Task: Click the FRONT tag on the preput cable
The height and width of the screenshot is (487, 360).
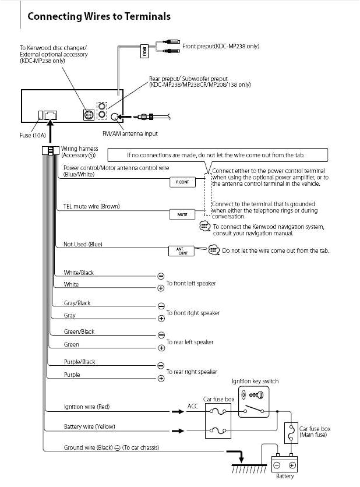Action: pos(145,52)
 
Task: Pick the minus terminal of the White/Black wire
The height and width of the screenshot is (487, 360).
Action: pos(161,276)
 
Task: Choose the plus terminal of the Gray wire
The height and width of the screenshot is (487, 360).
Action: pos(161,319)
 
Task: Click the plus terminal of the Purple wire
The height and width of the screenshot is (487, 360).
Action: pos(161,378)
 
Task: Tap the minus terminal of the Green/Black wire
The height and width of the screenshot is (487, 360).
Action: pos(161,336)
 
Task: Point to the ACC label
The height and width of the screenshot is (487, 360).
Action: pos(193,405)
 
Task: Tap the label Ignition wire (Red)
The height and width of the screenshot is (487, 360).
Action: pos(86,407)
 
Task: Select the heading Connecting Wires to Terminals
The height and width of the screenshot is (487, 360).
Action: pos(99,16)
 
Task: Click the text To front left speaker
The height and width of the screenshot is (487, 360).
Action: pos(191,283)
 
